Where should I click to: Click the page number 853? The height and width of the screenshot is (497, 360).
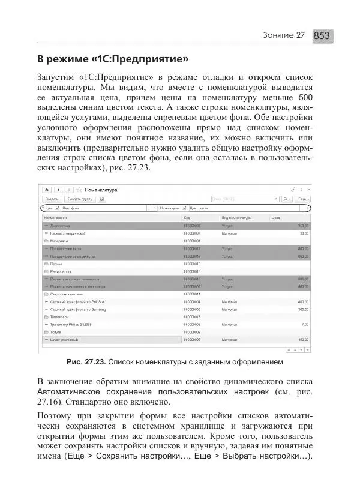(x=322, y=35)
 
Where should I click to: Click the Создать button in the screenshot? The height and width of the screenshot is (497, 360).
(x=52, y=198)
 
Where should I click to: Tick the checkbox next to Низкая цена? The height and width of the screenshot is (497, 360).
(x=184, y=208)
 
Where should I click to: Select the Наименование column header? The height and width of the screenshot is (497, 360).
(x=56, y=217)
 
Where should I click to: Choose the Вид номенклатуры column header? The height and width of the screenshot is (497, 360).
(x=236, y=217)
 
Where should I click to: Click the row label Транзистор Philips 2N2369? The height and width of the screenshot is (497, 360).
(x=71, y=324)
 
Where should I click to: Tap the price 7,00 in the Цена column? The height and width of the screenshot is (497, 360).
(x=304, y=324)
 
